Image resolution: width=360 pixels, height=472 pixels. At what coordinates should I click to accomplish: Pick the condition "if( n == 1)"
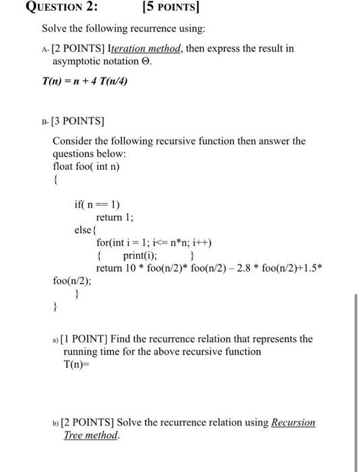click(97, 204)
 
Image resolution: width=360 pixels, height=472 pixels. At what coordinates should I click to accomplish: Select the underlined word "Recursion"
click(293, 423)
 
